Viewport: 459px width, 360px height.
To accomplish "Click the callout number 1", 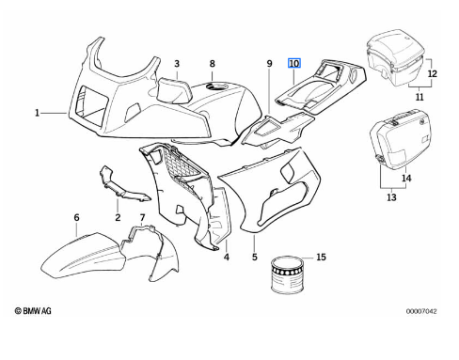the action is [x=37, y=113].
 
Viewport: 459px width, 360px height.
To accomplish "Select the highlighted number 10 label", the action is [x=294, y=64].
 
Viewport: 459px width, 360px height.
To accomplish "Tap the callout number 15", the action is [x=321, y=257].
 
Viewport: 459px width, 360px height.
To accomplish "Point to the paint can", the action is [x=288, y=274].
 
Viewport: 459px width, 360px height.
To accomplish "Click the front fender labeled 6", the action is [x=83, y=256].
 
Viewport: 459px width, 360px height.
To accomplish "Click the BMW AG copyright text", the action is [x=33, y=311].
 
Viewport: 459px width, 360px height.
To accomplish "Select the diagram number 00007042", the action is [x=421, y=311].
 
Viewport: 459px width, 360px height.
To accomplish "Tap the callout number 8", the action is [x=213, y=64].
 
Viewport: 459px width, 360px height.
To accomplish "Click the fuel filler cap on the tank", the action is [x=217, y=86].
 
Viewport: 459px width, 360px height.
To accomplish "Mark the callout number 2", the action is [x=118, y=217].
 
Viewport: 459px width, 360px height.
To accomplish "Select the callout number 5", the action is [x=255, y=257].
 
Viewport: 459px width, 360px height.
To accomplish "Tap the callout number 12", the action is [x=432, y=73].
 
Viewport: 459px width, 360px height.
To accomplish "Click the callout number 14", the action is [x=406, y=179].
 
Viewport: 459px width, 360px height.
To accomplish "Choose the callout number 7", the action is [x=142, y=217].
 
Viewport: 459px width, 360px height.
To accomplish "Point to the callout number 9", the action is [x=270, y=64].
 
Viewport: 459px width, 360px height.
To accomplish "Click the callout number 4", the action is [x=227, y=257].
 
